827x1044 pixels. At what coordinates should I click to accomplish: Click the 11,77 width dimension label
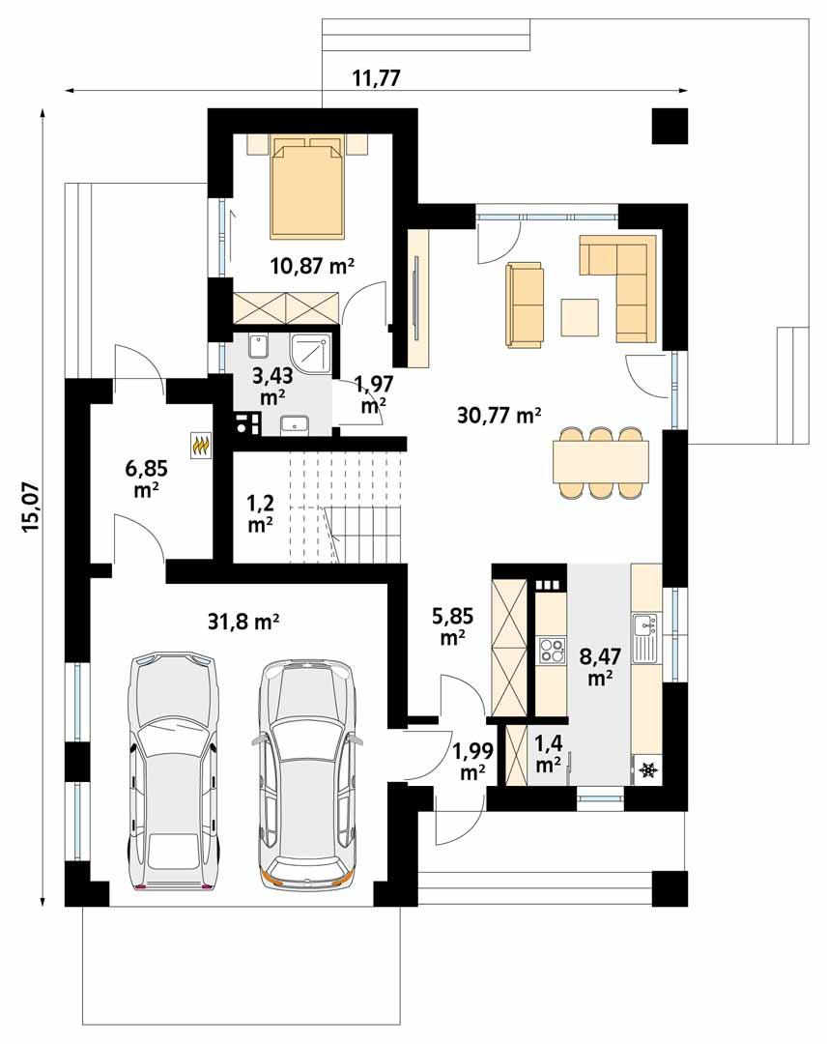coord(376,78)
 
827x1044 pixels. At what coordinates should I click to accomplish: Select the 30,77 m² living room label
coord(499,416)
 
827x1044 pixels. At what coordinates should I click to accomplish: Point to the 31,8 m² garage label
coord(244,622)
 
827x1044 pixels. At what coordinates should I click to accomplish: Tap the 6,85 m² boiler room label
coord(147,478)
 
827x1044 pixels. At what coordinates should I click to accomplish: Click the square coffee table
coord(581,317)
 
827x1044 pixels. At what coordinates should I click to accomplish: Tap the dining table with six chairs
coord(600,462)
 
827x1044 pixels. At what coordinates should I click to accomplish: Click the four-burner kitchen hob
coord(551,650)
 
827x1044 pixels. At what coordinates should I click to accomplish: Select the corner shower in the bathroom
coord(311,355)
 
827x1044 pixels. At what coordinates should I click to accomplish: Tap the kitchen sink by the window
coord(645,638)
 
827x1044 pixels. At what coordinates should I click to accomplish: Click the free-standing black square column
coord(670,126)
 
